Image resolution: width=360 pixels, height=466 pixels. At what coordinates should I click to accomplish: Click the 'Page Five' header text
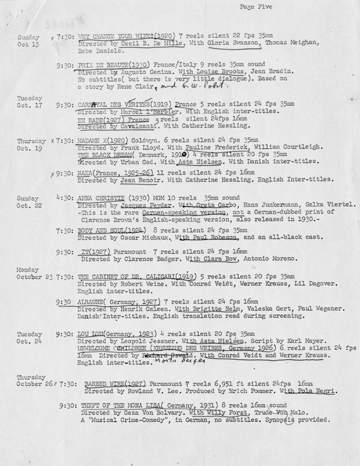click(x=256, y=7)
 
